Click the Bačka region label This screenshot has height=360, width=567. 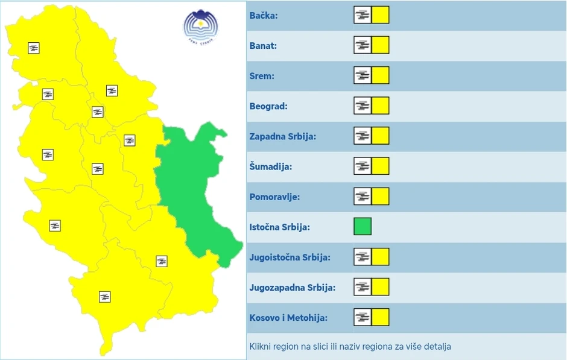(264, 16)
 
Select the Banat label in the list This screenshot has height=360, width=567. (263, 46)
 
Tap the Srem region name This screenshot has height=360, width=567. (262, 76)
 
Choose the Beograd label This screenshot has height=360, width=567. (268, 106)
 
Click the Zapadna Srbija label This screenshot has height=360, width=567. (282, 136)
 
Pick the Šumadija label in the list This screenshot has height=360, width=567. (270, 166)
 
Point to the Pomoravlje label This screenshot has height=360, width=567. (274, 197)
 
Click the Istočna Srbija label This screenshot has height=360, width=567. (279, 227)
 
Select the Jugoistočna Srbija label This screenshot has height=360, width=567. (290, 257)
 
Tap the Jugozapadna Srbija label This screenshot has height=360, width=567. (292, 288)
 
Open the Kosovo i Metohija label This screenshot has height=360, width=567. (285, 318)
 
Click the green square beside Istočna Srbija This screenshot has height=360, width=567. (363, 227)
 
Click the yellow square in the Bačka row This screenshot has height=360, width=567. (381, 15)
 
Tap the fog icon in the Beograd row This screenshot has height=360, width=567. (363, 106)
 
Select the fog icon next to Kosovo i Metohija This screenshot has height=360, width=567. (363, 317)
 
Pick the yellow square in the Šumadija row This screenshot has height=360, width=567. (381, 166)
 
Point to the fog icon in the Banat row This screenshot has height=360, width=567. (363, 45)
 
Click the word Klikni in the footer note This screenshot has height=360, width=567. (261, 347)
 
